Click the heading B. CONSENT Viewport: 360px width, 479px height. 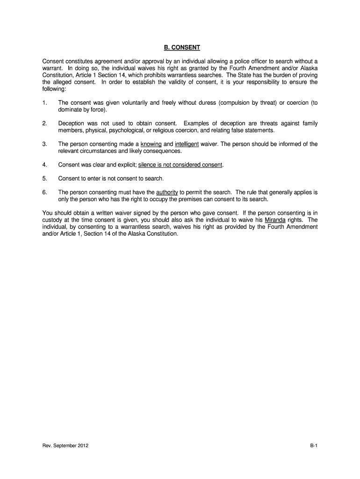click(x=180, y=48)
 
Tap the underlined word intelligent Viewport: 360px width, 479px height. click(x=187, y=145)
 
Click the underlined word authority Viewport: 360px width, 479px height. click(x=167, y=192)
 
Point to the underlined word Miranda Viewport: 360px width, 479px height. click(x=275, y=220)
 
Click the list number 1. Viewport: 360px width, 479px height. click(x=44, y=103)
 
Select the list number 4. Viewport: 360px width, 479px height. click(x=44, y=165)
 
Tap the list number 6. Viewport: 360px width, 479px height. click(x=44, y=192)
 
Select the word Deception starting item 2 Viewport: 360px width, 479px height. click(x=71, y=123)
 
